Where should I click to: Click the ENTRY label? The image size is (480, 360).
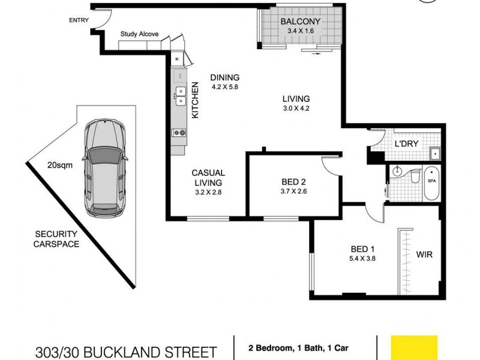coord(79,20)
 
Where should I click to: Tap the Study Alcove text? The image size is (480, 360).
coord(139,34)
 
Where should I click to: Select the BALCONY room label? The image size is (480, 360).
coord(301,22)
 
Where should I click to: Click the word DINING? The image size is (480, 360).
coord(224,77)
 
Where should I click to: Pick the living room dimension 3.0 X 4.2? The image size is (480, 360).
coord(296,109)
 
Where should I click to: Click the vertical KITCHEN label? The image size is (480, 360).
coord(195,100)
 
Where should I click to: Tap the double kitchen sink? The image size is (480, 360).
coord(179,95)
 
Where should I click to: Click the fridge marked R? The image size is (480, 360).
coord(178,59)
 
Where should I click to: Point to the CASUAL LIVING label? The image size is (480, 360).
coord(208,178)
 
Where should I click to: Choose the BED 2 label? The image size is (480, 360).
coord(294,182)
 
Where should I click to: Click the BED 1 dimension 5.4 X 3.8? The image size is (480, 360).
coord(363,259)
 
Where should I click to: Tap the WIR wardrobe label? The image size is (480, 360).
coord(424,254)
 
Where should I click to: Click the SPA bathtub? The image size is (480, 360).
coord(431,184)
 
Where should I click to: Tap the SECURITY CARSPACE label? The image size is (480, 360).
coord(57,239)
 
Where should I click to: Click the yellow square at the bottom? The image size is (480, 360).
coord(414,347)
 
